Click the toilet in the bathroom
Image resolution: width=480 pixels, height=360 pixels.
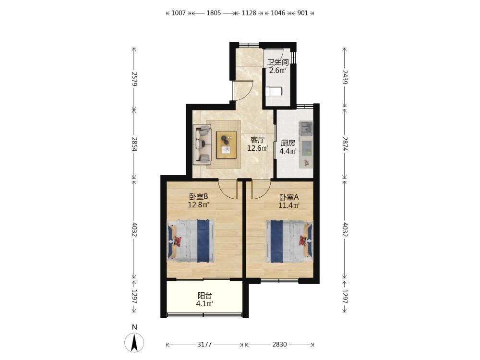274,92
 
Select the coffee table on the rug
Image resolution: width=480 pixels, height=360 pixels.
226,144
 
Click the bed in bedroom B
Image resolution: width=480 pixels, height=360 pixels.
191,240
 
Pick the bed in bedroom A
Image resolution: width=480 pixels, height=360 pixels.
289,241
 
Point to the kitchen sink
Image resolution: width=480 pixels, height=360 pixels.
306,129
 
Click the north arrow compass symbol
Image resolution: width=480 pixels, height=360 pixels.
134,343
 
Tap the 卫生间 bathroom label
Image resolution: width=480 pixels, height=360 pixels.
277,62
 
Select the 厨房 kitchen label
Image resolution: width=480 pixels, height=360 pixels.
288,143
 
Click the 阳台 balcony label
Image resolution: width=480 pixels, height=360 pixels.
205,296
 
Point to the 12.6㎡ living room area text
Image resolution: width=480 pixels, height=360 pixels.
258,148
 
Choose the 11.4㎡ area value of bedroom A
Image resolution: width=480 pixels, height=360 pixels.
288,205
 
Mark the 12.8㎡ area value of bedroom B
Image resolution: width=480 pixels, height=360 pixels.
198,204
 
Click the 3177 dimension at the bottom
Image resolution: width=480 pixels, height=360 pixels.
204,344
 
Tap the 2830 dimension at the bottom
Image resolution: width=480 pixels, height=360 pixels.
279,344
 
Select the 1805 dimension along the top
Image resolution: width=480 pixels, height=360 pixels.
214,13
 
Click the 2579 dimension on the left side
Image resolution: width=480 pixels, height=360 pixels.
134,79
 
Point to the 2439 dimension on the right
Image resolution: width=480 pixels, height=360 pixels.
345,77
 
